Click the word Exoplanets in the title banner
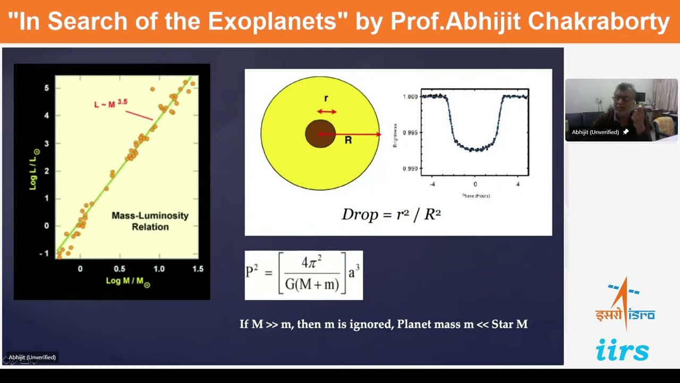click(x=276, y=21)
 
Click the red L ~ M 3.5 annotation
click(x=110, y=103)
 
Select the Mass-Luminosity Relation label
click(x=150, y=221)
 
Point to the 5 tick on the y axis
click(x=47, y=88)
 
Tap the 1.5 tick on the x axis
click(x=198, y=269)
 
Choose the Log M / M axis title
click(x=127, y=281)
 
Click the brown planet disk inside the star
click(x=320, y=134)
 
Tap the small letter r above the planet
click(x=326, y=98)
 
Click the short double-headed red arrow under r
click(x=326, y=112)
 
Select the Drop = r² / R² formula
click(x=391, y=214)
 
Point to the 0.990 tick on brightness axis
click(x=410, y=169)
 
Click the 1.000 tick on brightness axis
click(x=410, y=97)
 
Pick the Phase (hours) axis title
click(x=475, y=196)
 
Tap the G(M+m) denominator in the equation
click(x=312, y=285)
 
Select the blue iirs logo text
click(x=622, y=351)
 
